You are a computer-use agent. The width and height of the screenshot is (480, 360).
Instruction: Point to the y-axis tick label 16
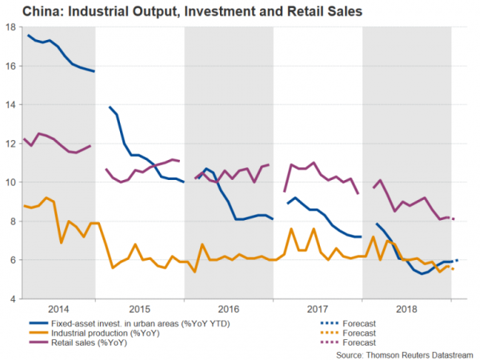(11, 66)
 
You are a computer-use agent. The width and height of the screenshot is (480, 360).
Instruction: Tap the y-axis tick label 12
(11, 143)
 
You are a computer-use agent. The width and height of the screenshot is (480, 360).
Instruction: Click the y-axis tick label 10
(11, 182)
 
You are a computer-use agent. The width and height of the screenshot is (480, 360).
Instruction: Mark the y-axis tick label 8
(14, 222)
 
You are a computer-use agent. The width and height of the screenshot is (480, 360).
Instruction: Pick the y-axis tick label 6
(14, 260)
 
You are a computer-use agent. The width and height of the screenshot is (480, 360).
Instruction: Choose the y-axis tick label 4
(14, 299)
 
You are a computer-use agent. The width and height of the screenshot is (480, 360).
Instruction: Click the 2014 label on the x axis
(58, 309)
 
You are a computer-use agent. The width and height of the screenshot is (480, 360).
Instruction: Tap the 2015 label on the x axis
(141, 309)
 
